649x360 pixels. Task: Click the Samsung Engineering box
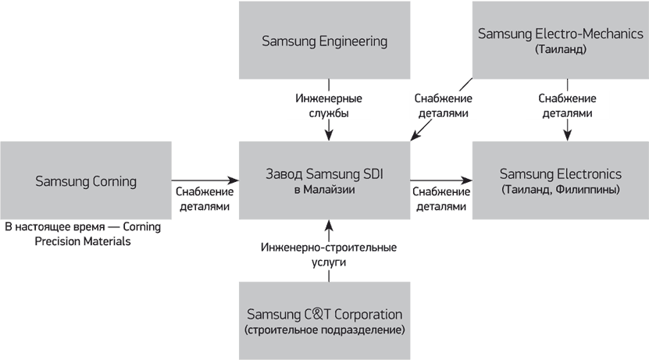click(324, 41)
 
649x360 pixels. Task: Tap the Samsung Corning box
click(86, 181)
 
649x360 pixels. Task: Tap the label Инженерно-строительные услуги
click(327, 255)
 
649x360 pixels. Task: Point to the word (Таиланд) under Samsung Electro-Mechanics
click(560, 49)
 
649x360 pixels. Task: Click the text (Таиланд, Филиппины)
click(560, 190)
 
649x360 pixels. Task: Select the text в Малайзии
click(324, 190)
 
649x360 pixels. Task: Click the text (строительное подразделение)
click(324, 330)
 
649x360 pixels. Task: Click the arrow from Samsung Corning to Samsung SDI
click(203, 178)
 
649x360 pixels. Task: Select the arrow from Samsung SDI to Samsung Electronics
click(441, 178)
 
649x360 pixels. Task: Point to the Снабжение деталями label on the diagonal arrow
click(441, 105)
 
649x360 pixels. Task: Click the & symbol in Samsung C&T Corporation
click(312, 315)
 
